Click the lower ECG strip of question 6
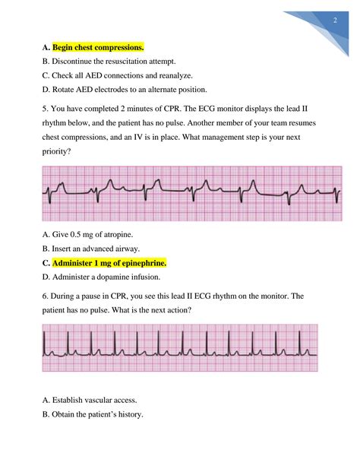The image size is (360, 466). (x=180, y=347)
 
